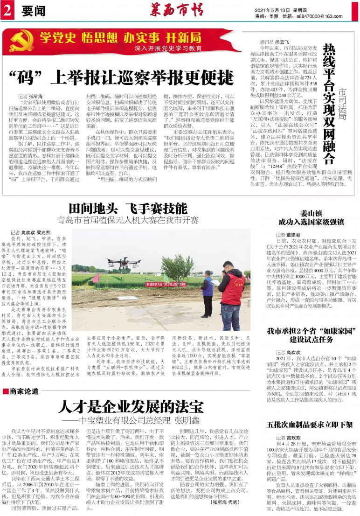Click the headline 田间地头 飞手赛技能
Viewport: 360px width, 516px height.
[127, 209]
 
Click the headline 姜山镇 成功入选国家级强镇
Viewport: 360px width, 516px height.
[311, 217]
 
